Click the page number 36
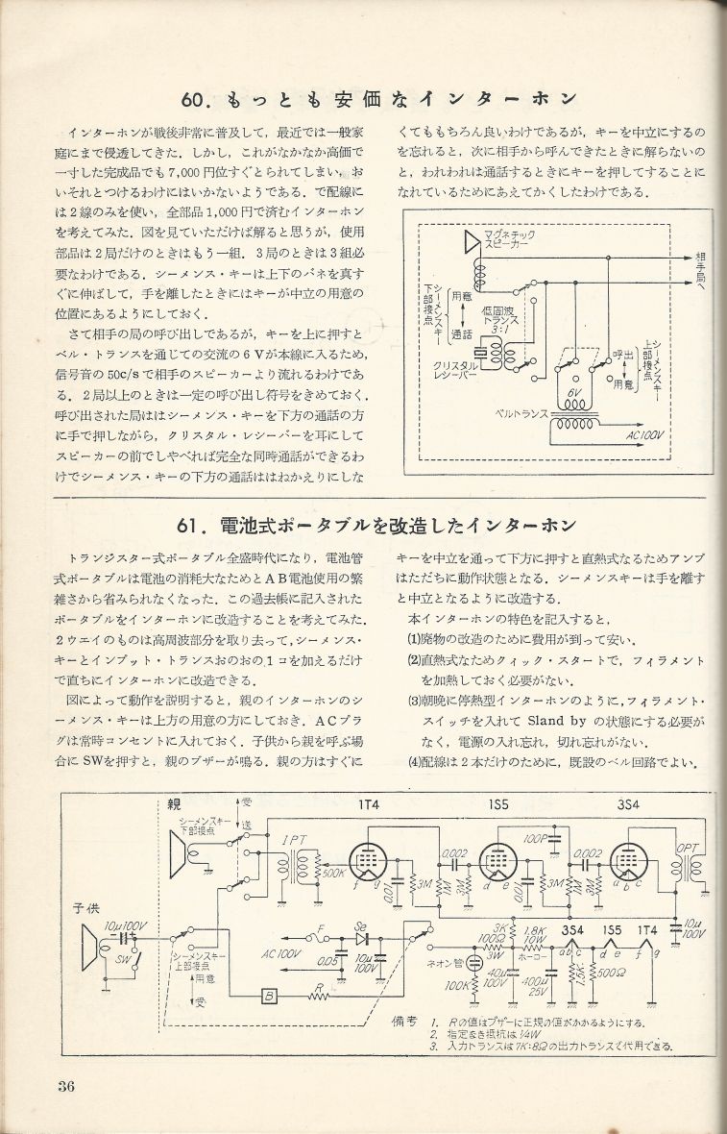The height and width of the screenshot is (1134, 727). tap(65, 1087)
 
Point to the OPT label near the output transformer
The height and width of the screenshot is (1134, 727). tap(688, 848)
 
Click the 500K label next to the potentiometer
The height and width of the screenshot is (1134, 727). tap(332, 875)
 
